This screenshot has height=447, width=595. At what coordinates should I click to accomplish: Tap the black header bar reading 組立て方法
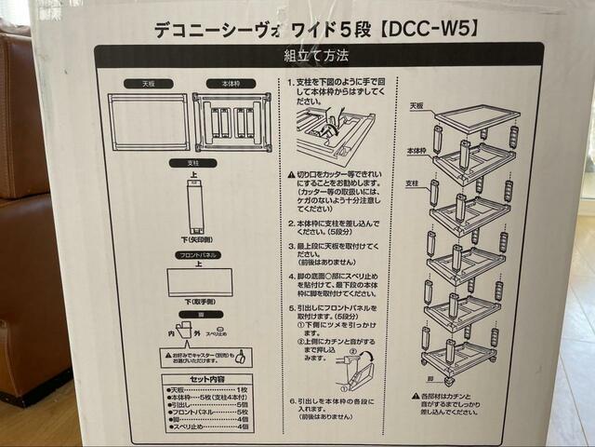click(317, 56)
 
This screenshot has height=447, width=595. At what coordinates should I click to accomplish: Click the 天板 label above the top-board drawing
click(149, 83)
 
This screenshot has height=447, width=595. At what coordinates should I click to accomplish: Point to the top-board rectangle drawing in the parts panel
click(149, 121)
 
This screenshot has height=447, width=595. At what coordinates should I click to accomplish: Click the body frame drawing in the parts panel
click(232, 121)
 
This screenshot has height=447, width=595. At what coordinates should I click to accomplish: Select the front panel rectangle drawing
click(200, 281)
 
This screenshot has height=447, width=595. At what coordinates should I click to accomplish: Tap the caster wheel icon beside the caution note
click(242, 356)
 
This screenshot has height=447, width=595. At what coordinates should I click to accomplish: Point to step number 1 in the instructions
click(292, 82)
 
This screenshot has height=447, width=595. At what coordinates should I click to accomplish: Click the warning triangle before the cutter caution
click(292, 174)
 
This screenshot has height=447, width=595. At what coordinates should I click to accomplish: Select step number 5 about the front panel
click(292, 307)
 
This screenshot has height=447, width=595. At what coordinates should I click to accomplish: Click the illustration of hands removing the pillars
click(335, 135)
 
